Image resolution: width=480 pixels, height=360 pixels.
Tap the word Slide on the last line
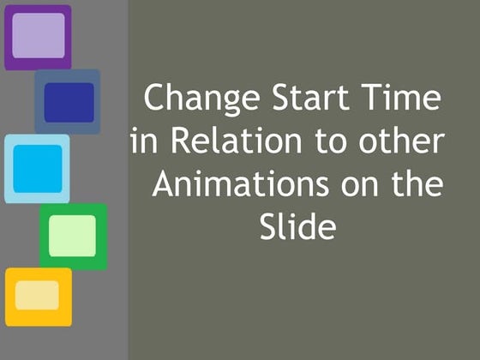click(x=296, y=226)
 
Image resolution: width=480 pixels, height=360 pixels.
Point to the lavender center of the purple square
click(x=38, y=36)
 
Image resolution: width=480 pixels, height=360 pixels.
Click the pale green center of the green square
click(x=73, y=235)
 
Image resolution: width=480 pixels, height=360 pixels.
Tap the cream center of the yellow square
click(x=37, y=295)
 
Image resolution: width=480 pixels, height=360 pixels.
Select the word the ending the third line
click(x=417, y=183)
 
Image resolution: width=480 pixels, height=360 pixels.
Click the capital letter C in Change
click(x=155, y=99)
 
